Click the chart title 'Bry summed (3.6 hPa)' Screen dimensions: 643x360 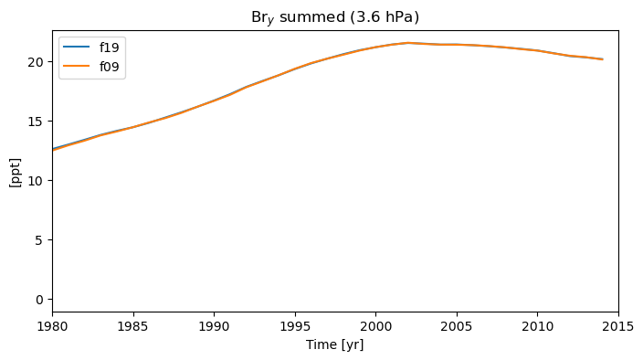pos(335,17)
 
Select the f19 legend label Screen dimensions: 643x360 pos(109,48)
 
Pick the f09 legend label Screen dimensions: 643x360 pos(109,67)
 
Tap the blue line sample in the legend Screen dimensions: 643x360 pos(77,47)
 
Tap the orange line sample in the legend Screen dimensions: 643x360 pos(77,66)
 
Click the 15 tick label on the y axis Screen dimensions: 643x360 pos(36,122)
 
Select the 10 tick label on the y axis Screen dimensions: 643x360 pos(36,181)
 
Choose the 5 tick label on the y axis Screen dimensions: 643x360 pos(39,240)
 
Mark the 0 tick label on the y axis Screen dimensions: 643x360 pos(39,300)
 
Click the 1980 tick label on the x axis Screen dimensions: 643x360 pos(52,326)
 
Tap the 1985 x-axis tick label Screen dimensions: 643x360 pos(133,326)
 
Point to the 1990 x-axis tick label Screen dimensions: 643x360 pos(214,326)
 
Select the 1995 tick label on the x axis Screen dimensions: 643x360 pos(295,326)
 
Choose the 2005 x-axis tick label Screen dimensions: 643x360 pos(457,326)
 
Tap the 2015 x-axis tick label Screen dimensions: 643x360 pos(618,326)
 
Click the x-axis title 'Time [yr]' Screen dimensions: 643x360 pos(335,344)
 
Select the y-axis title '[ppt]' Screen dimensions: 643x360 pos(15,173)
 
